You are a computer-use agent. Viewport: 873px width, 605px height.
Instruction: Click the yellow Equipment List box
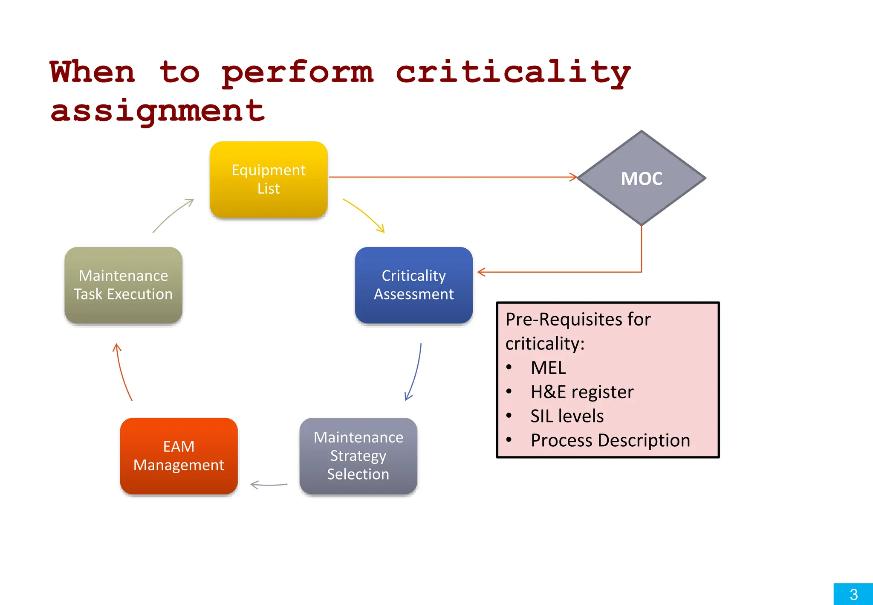coord(269,179)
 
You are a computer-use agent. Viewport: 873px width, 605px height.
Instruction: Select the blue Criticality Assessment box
coord(413,285)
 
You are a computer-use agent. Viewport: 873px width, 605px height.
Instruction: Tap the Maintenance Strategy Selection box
coord(358,456)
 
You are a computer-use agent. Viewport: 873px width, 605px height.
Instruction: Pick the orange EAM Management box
coord(179,456)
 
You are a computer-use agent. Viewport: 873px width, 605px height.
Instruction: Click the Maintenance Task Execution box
coord(123,285)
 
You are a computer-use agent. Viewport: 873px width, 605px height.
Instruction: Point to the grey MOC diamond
coord(641,178)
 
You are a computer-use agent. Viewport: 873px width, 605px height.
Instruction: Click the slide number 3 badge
coord(853,594)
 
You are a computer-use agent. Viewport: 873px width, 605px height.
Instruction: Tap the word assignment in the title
coord(157,111)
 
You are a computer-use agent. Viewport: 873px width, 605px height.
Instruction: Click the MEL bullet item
coord(548,368)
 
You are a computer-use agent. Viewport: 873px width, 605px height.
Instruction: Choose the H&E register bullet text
coord(582,392)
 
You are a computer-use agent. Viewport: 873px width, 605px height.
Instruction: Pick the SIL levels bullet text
coord(567,416)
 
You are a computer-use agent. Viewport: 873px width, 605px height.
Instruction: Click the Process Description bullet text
coord(610,440)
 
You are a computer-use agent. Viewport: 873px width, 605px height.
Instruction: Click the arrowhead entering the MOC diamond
coord(573,177)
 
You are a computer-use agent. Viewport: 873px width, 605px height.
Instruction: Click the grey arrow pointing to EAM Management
coord(269,485)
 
